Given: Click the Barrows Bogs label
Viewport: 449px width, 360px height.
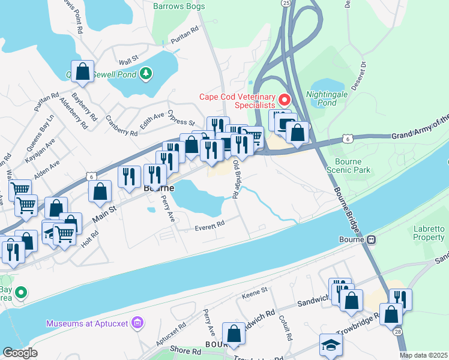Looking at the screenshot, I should pos(179,7).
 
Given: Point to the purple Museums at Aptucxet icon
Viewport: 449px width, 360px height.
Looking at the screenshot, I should pos(138,324).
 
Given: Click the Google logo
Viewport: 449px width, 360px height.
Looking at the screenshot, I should pos(20,352).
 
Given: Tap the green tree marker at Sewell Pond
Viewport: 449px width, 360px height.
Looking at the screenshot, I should pos(146,74).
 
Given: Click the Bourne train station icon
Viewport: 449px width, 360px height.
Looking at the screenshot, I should pos(372,240).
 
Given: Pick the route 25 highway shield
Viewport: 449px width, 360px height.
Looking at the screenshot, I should pos(286,3).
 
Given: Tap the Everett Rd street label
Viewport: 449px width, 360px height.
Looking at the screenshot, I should pos(209,224).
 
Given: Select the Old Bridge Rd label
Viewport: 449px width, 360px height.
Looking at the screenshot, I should pos(237,179).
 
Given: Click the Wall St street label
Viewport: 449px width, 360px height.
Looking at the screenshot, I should pos(128,62).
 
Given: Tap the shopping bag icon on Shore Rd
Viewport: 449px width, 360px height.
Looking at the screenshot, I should pos(234,334).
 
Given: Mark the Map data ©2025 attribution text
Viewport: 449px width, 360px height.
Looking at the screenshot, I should pos(423,355).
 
